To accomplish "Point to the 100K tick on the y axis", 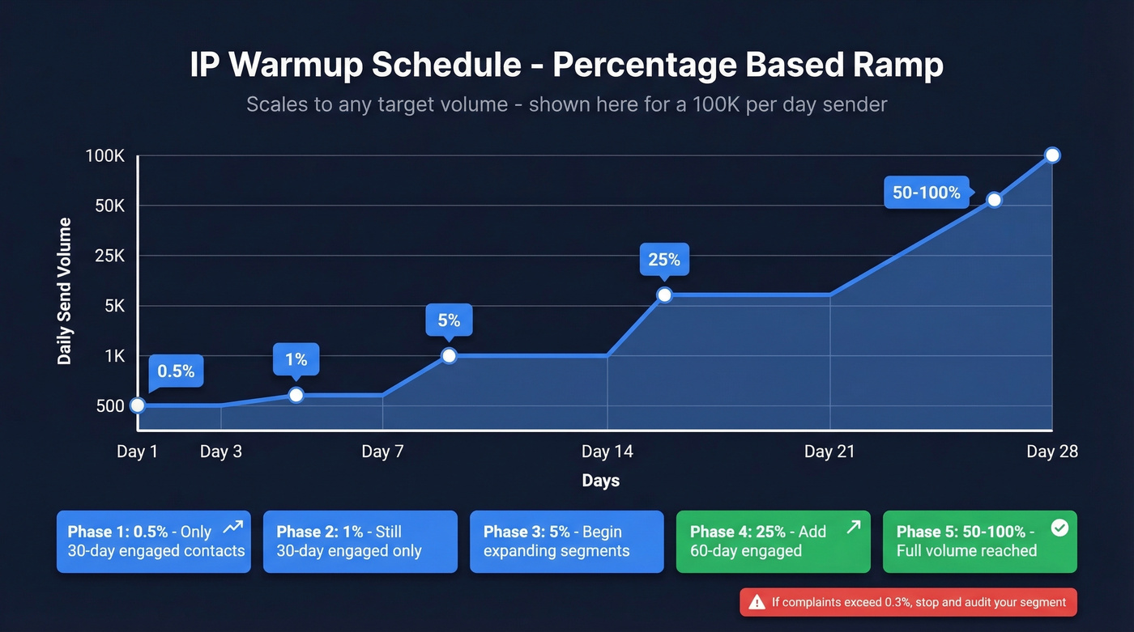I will coord(104,155).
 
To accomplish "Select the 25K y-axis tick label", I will coord(107,256).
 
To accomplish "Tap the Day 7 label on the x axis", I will coord(382,452).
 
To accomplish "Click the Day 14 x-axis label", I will coord(607,452).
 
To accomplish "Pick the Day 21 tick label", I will coord(829,452).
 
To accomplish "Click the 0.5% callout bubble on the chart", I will coord(176,371).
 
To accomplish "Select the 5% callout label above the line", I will coord(449,320).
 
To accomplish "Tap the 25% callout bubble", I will coord(664,260).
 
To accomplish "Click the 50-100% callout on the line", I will coord(926,193).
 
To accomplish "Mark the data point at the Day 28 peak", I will coord(1052,155).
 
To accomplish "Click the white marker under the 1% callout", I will coord(296,395).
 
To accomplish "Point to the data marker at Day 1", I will coord(138,405).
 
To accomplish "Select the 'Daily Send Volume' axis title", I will coord(65,291).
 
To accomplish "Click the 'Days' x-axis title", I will coord(600,481).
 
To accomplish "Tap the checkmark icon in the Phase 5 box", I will coord(1059,528).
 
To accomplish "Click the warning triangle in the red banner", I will coord(757,602).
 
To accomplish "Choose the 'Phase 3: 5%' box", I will coord(566,541).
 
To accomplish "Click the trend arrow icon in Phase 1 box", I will coord(233,528).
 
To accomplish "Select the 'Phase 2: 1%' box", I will coord(360,541).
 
